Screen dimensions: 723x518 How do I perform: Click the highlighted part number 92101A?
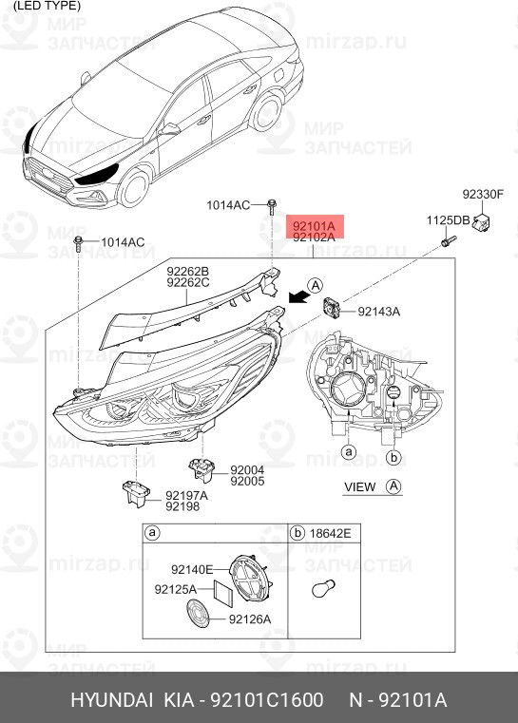pyautogui.click(x=314, y=226)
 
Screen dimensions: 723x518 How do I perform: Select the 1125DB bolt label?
pyautogui.click(x=448, y=220)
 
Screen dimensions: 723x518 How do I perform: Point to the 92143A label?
pyautogui.click(x=378, y=312)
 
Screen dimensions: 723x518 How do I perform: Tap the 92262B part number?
pyautogui.click(x=187, y=271)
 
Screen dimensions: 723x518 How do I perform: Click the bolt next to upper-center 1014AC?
pyautogui.click(x=273, y=204)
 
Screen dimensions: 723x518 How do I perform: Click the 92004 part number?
pyautogui.click(x=245, y=470)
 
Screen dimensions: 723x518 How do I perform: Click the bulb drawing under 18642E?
pyautogui.click(x=318, y=589)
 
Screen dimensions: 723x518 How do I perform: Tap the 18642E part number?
pyautogui.click(x=330, y=534)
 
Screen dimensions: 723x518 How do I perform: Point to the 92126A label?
pyautogui.click(x=250, y=619)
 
